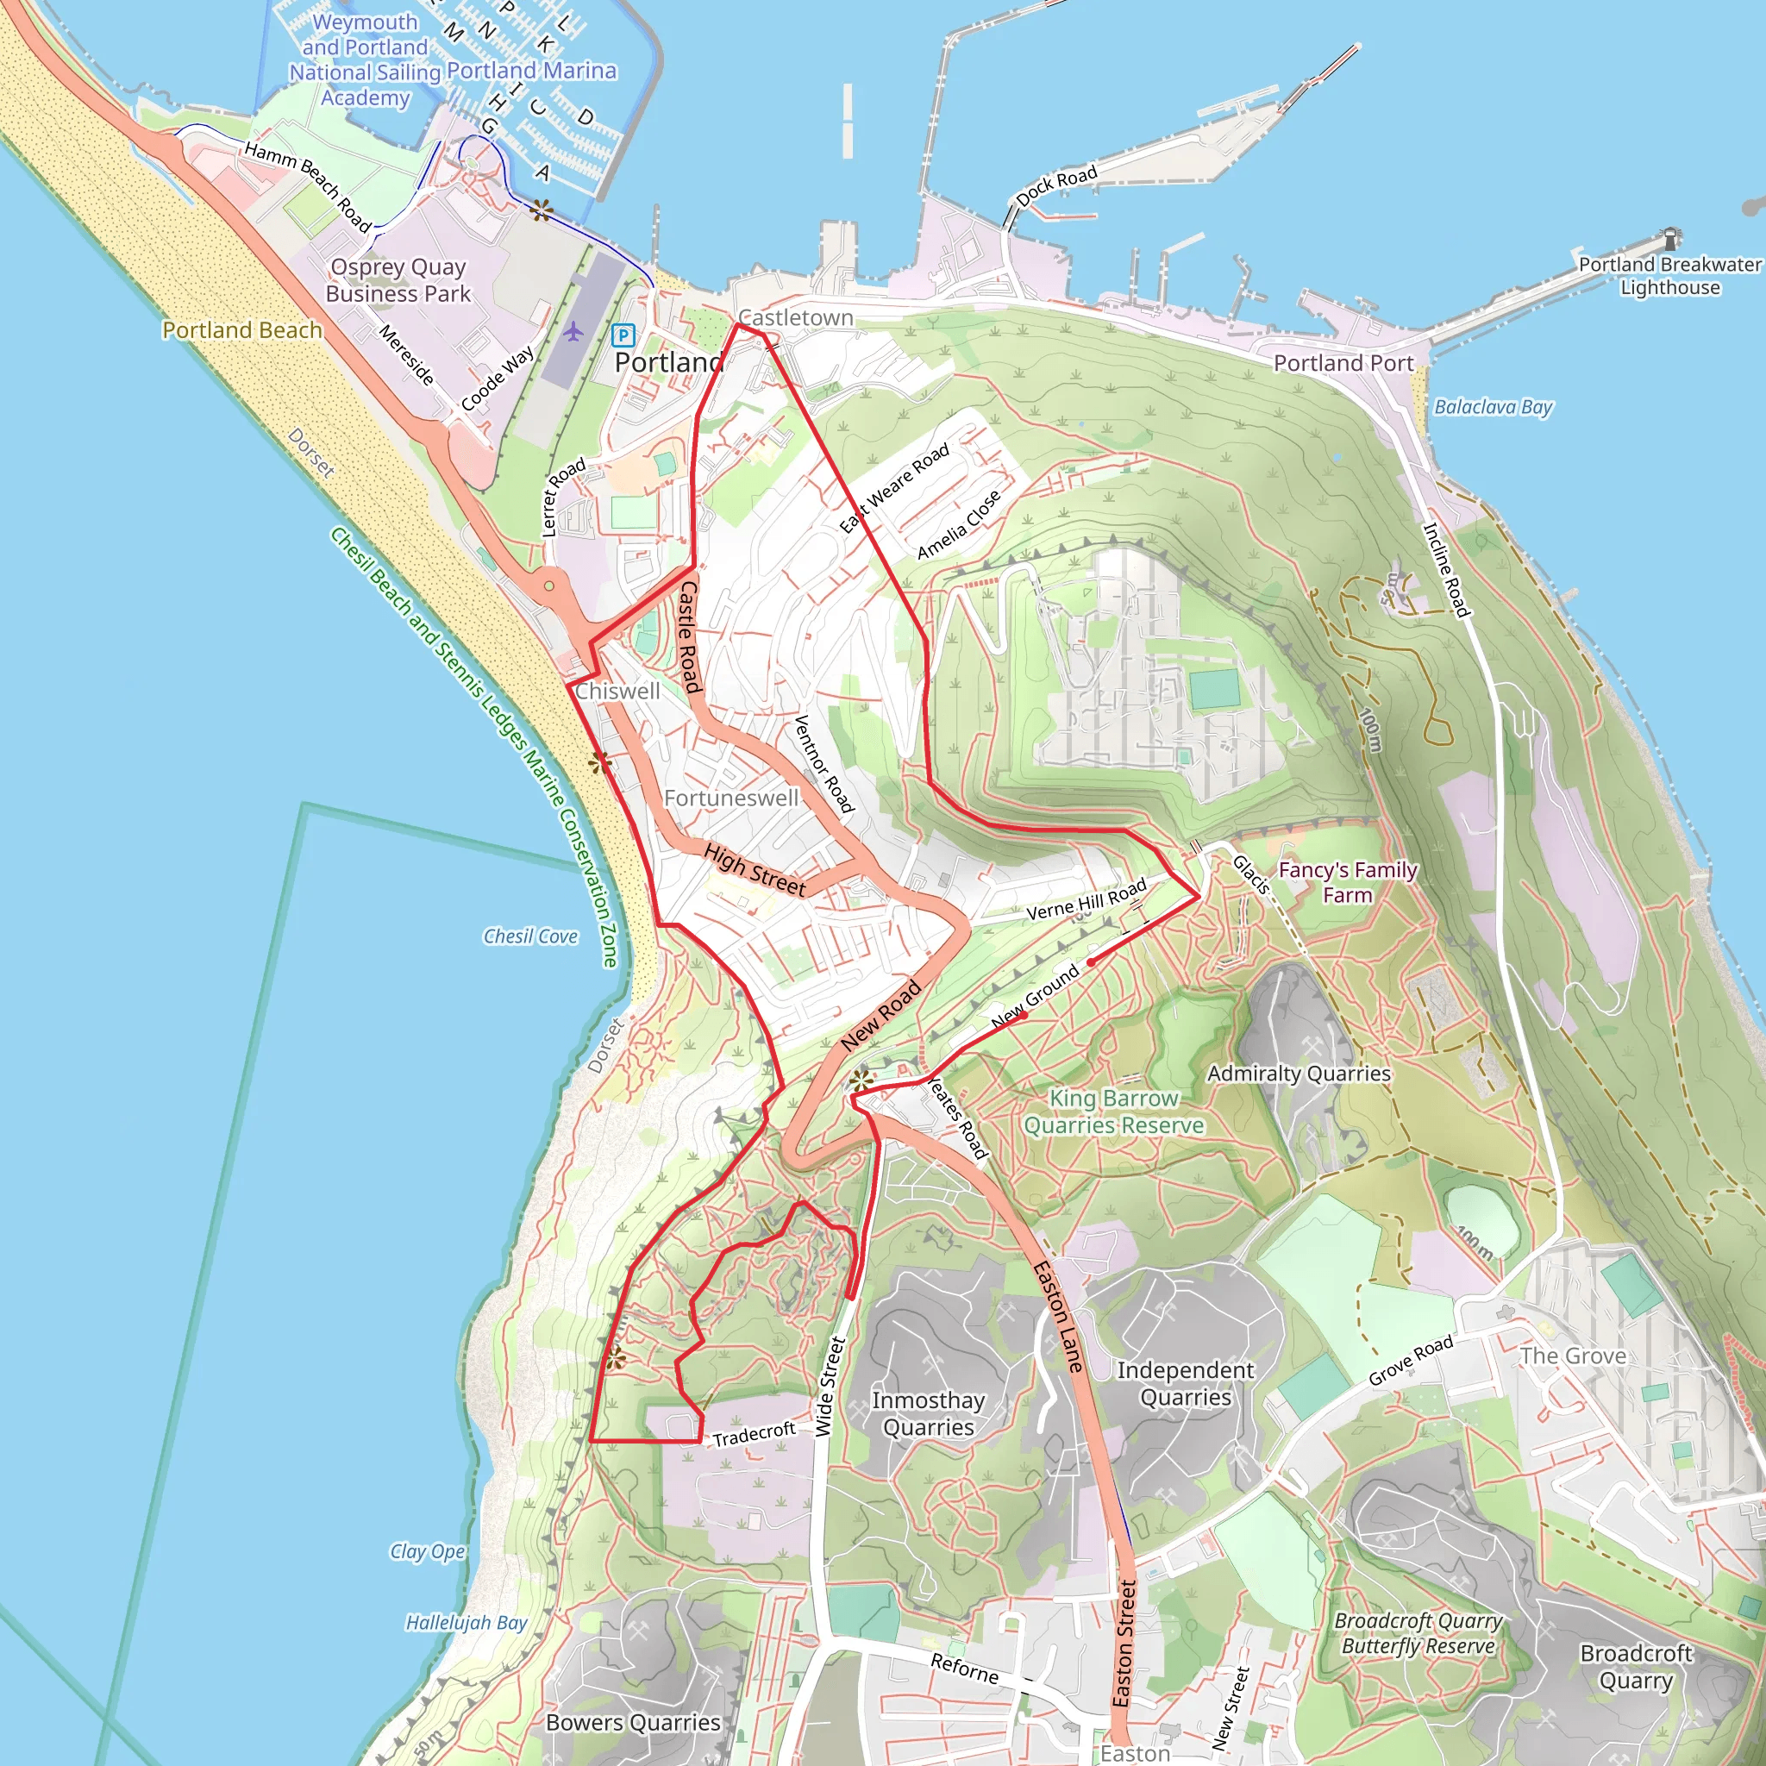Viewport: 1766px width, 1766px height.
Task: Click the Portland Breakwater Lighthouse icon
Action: (x=1671, y=239)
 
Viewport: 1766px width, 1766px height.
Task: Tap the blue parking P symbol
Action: (x=623, y=335)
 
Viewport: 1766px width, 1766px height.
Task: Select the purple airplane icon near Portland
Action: (x=573, y=331)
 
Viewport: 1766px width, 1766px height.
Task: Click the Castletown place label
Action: (x=795, y=318)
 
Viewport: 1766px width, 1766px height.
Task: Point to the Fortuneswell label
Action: (x=730, y=798)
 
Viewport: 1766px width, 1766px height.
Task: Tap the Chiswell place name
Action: (x=617, y=691)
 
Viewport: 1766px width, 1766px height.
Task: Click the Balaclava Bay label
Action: (x=1493, y=407)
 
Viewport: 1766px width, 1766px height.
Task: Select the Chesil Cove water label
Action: (x=530, y=936)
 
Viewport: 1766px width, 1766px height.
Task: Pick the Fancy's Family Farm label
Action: (x=1348, y=882)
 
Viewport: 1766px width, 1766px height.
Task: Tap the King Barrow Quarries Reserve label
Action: (x=1113, y=1112)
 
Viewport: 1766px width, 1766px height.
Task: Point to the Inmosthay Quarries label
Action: (x=928, y=1413)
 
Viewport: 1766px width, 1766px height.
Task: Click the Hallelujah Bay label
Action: (x=467, y=1623)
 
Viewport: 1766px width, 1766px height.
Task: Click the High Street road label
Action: (x=755, y=870)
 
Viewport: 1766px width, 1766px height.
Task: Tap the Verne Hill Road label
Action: (x=1086, y=900)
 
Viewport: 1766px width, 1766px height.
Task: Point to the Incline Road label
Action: (x=1446, y=569)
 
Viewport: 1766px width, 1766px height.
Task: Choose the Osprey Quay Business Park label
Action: (x=398, y=279)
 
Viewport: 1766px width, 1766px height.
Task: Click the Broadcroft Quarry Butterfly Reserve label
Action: (x=1418, y=1632)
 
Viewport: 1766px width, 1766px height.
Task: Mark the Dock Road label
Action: (x=1055, y=186)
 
